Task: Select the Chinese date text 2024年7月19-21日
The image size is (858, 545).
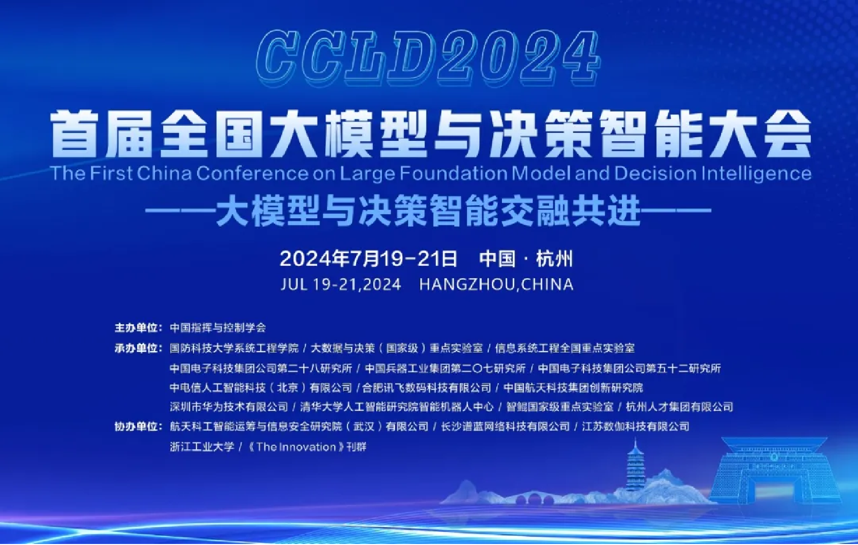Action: pyautogui.click(x=369, y=259)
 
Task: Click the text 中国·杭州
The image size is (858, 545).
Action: pyautogui.click(x=526, y=259)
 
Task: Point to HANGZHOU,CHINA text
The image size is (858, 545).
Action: pyautogui.click(x=496, y=285)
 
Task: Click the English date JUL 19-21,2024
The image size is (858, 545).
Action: pyautogui.click(x=341, y=285)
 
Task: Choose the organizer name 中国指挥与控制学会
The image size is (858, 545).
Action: pyautogui.click(x=218, y=328)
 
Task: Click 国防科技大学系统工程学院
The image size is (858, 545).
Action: pyautogui.click(x=234, y=348)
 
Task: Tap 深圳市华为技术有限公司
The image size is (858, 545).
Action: pyautogui.click(x=228, y=407)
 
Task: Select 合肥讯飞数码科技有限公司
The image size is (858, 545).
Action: pyautogui.click(x=426, y=388)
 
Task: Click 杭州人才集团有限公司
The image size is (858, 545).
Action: pyautogui.click(x=680, y=407)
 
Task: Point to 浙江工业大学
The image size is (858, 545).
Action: pyautogui.click(x=202, y=447)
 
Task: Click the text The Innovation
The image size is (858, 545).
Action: pyautogui.click(x=296, y=447)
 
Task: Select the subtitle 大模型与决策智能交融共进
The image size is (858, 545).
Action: pyautogui.click(x=428, y=210)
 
